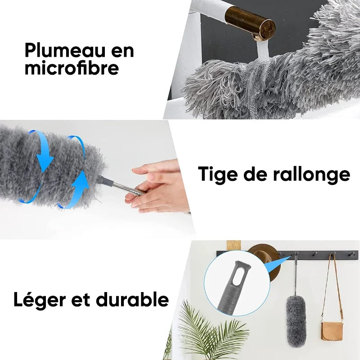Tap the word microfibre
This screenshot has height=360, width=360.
[72, 68]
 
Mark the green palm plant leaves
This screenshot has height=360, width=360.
[211, 333]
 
